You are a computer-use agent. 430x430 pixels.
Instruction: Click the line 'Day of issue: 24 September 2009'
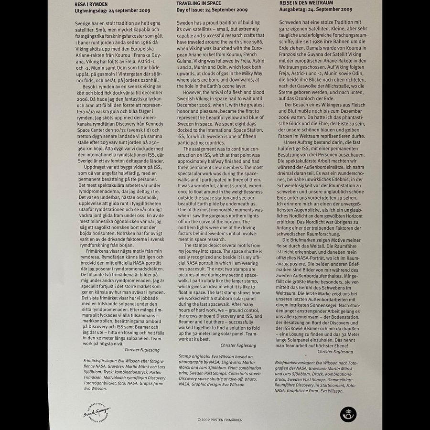[x=212, y=10]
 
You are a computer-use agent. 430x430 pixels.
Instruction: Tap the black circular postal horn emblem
[x=349, y=414]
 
